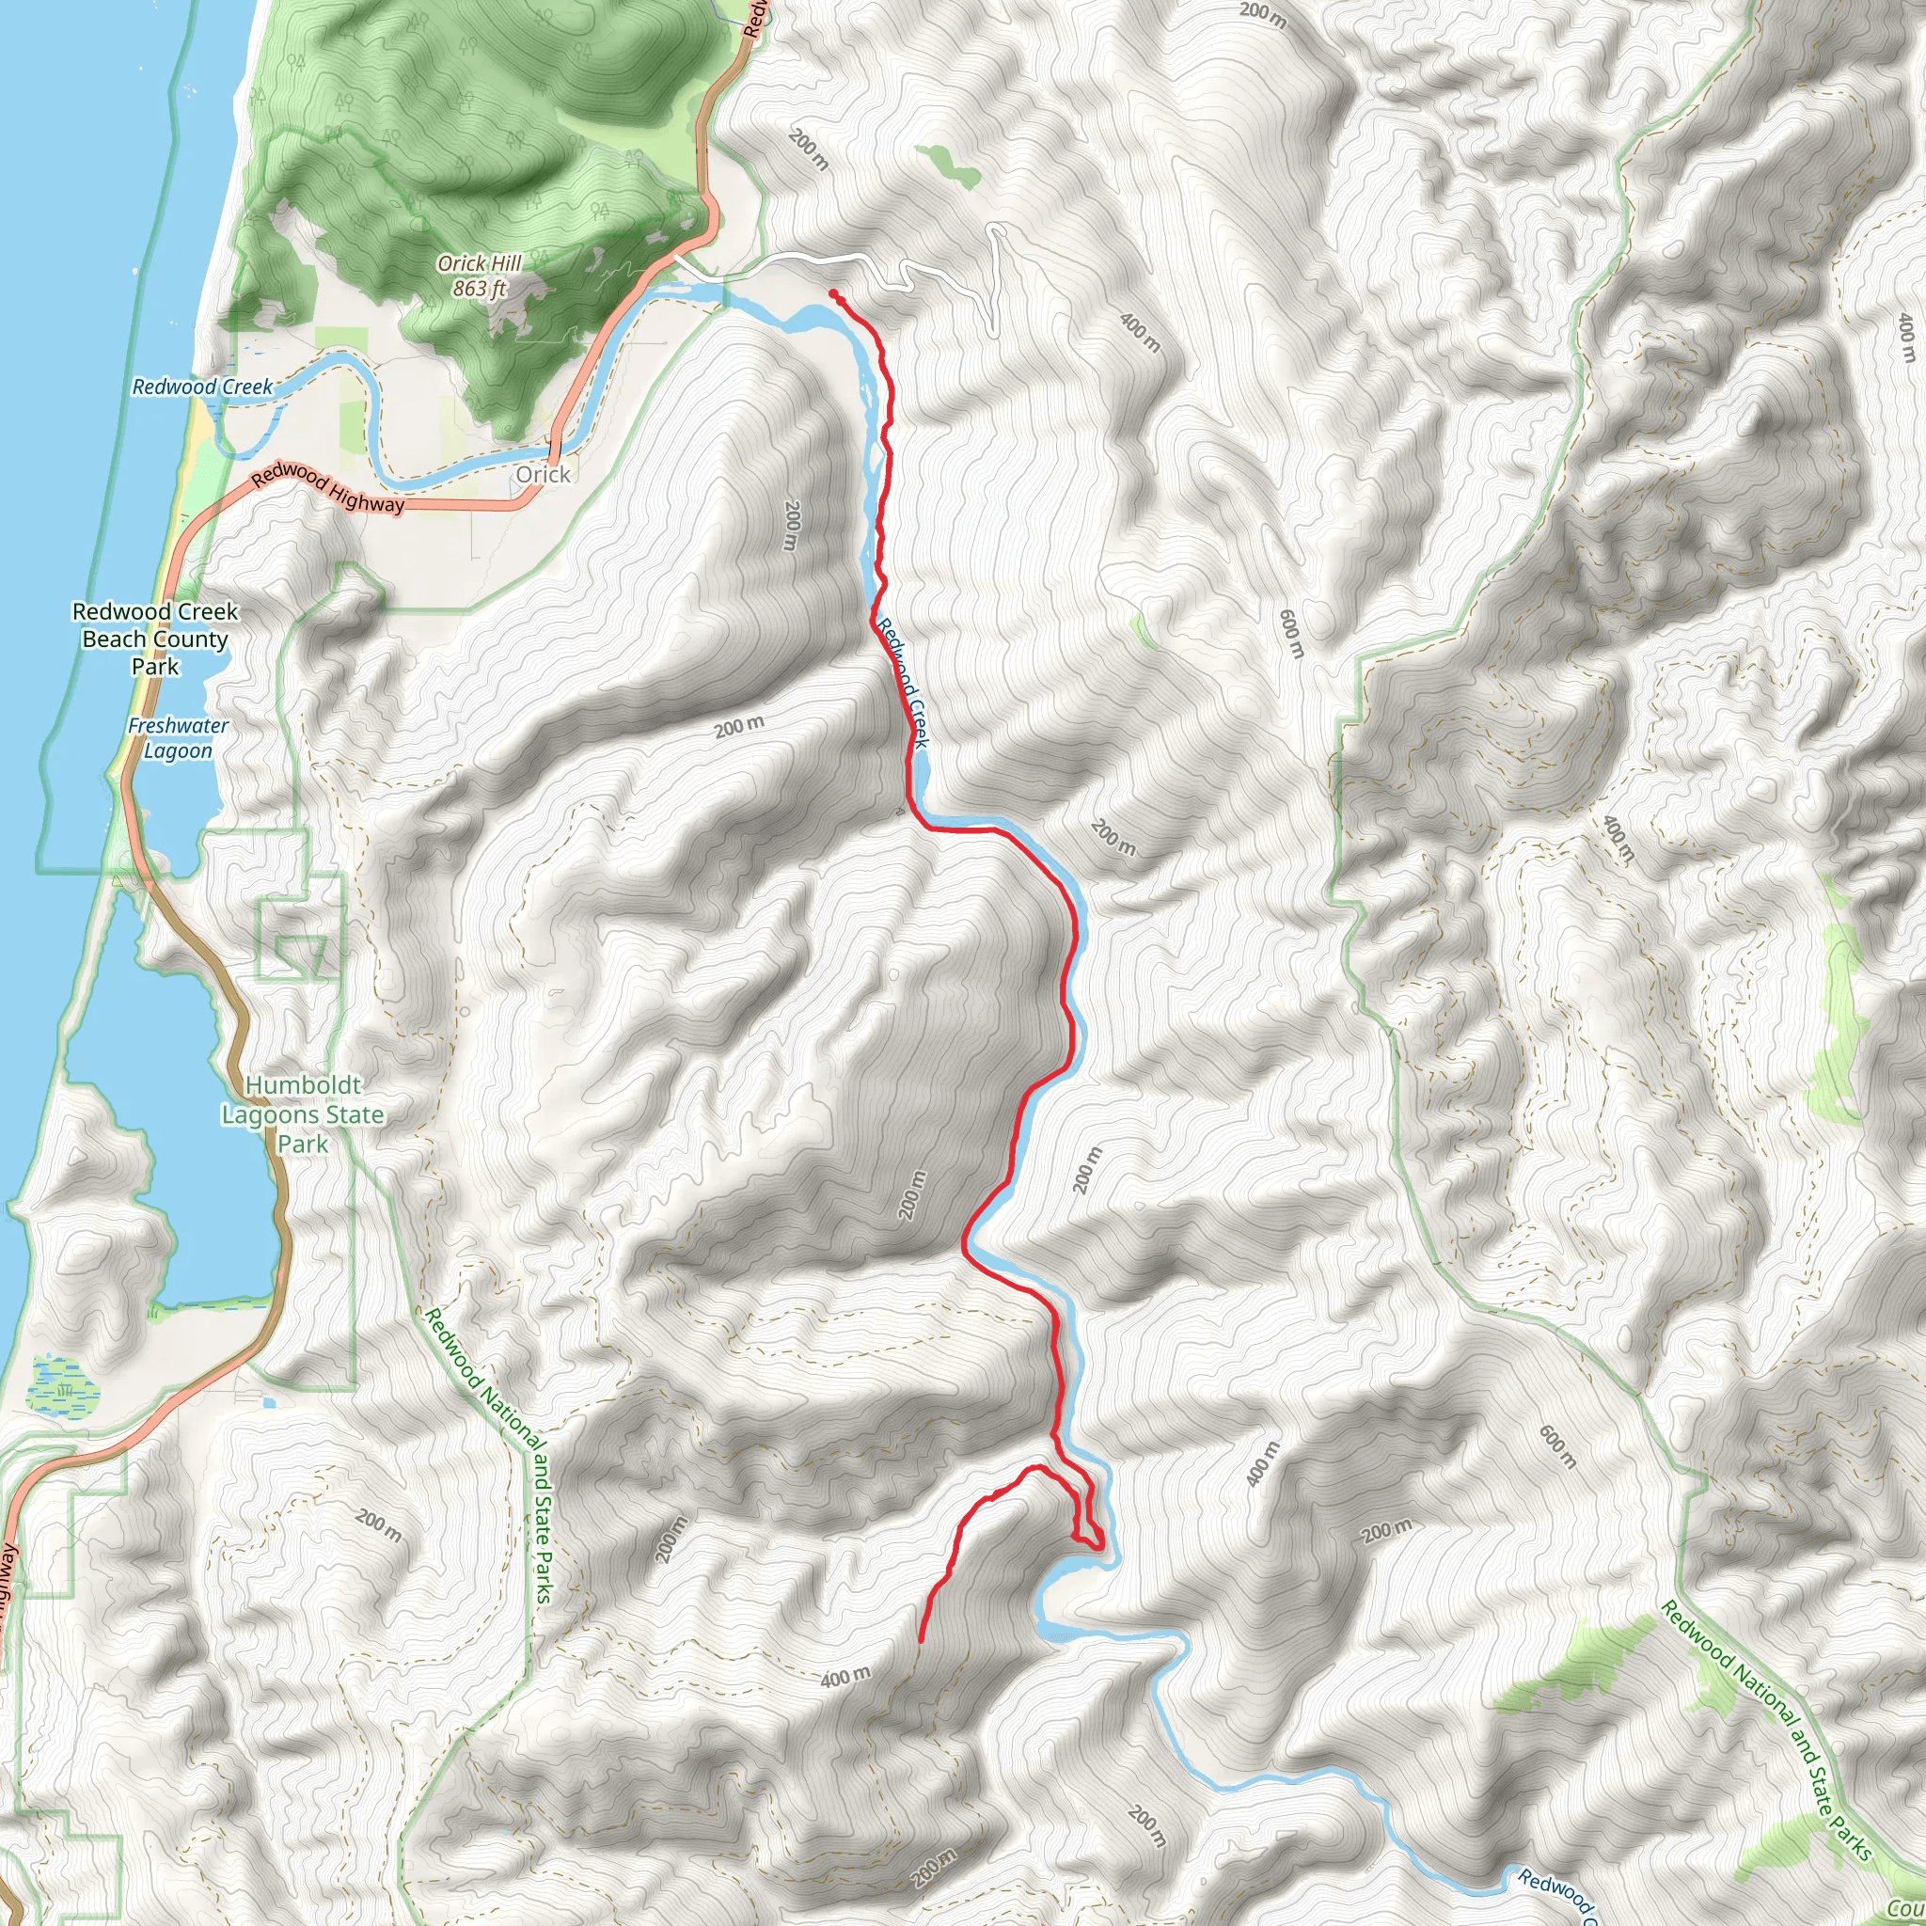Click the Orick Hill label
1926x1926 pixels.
[x=480, y=264]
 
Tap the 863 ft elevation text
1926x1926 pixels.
[x=480, y=289]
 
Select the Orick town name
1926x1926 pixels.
[x=544, y=475]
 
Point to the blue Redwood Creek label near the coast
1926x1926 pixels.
[x=202, y=387]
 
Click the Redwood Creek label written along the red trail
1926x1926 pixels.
[x=903, y=683]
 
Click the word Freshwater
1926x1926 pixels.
[x=179, y=726]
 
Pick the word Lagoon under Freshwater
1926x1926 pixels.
[x=179, y=750]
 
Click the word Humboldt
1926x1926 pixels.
[x=303, y=1084]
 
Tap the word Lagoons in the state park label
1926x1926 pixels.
[x=267, y=1114]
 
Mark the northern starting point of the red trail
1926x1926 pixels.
[x=832, y=293]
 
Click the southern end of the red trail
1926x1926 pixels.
[x=920, y=1640]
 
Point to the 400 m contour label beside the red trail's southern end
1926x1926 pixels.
[x=845, y=1678]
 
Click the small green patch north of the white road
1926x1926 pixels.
[x=949, y=166]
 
